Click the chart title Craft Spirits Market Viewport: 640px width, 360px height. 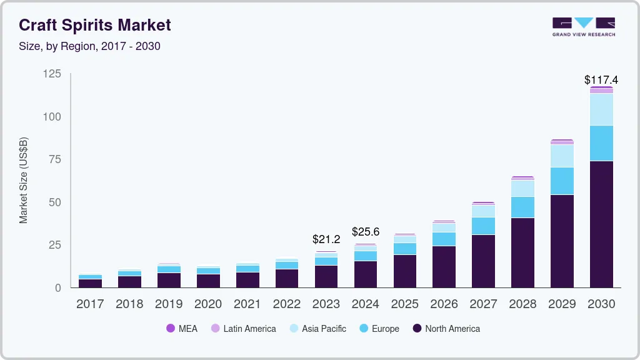94,25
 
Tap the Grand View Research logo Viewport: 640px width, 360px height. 583,27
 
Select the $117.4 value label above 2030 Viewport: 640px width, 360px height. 601,80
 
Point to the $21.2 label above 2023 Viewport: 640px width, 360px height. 326,239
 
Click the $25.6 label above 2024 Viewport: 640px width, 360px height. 366,232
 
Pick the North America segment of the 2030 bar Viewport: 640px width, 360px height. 601,224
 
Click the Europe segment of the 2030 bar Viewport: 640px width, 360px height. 601,143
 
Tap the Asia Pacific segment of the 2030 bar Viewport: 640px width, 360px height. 601,109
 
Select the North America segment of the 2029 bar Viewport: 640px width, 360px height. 562,241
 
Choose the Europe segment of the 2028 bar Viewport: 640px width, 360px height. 522,207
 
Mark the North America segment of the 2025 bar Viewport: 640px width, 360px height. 405,271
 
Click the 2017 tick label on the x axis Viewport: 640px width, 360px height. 90,304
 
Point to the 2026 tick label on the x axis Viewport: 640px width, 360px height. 444,304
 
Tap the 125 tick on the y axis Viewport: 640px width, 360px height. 52,74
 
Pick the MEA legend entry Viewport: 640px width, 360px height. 182,329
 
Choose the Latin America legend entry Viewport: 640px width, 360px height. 243,329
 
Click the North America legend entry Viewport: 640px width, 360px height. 446,329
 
